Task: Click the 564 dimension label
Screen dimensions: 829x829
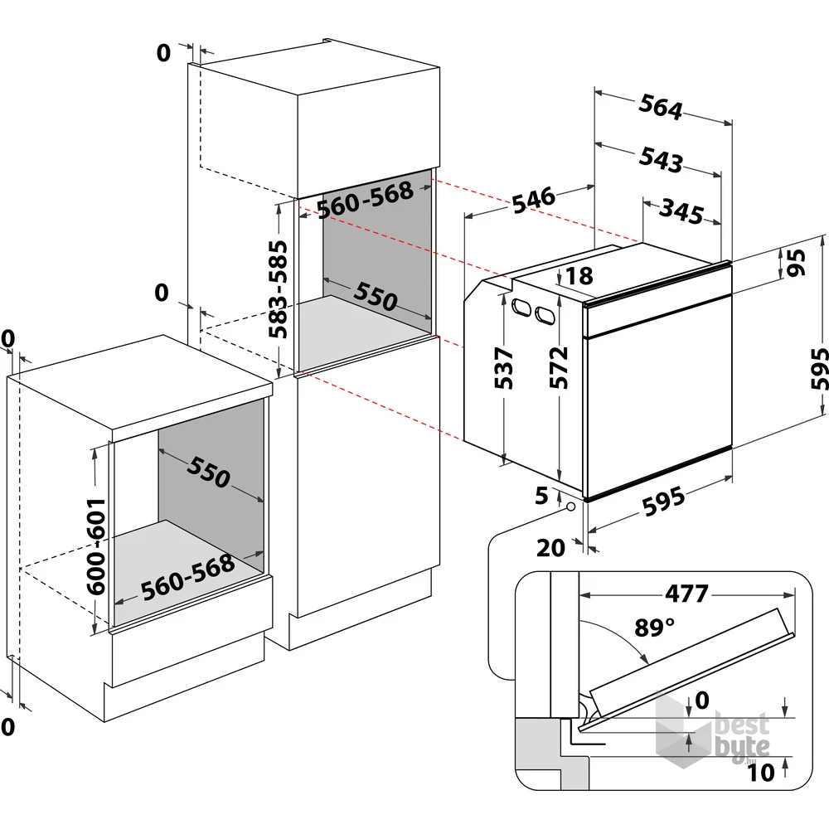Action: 661,107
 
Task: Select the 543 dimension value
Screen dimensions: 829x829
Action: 661,159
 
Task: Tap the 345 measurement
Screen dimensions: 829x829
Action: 681,211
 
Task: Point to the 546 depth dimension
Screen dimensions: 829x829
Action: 534,200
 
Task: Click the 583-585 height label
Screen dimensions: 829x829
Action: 278,289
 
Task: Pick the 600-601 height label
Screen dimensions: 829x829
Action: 96,546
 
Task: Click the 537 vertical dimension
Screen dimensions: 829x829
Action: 503,368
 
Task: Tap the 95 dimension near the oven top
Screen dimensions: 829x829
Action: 796,263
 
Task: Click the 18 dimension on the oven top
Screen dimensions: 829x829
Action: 579,276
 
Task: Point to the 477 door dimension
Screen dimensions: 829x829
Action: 686,594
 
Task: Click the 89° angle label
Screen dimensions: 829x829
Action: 655,628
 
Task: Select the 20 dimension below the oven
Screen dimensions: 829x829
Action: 551,548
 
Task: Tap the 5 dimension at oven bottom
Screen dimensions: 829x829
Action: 542,496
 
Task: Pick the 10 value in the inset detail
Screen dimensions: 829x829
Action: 761,773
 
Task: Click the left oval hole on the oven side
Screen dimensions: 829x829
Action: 521,307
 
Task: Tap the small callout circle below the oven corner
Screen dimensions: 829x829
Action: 570,507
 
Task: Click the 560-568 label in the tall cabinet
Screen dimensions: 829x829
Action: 366,201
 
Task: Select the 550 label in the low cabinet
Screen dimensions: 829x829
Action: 208,472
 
